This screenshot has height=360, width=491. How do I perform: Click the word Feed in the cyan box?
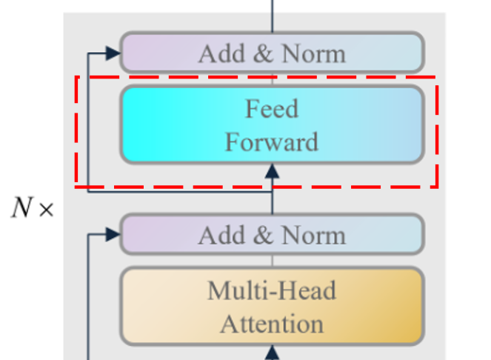point(272,110)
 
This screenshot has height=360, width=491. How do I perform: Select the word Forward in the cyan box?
point(272,141)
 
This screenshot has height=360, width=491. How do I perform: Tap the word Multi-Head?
point(272,290)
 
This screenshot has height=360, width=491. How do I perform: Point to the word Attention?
point(272,324)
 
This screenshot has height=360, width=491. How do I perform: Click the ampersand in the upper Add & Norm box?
point(262,53)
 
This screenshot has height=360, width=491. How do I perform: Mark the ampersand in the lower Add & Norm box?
point(262,236)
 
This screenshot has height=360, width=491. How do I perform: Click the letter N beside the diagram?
point(21,209)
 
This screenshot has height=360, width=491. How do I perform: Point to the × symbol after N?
point(46,210)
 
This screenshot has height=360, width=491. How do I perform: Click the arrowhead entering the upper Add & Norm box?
point(113,53)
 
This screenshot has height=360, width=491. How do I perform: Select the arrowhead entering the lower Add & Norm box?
point(113,235)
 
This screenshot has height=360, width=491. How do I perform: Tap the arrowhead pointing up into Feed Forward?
point(273,170)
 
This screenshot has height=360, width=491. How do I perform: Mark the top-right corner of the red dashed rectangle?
point(437,76)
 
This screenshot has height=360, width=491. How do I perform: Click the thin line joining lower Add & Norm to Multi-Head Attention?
point(273,261)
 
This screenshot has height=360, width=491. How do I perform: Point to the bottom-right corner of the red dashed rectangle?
point(437,185)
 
